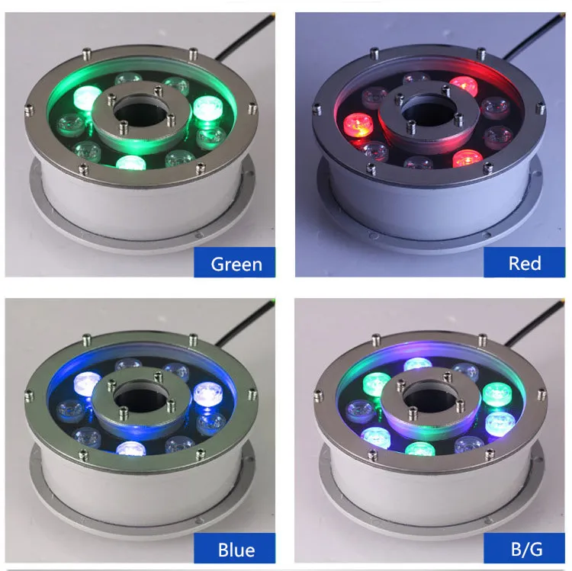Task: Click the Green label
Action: [236, 264]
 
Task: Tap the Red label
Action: [525, 263]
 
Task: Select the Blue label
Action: [236, 549]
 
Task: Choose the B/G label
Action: [525, 549]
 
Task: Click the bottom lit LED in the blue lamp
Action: [130, 451]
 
